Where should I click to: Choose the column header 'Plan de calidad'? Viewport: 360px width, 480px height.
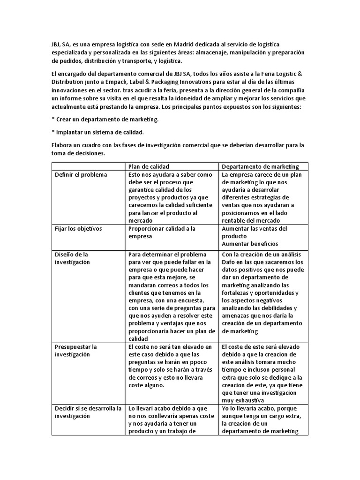point(149,166)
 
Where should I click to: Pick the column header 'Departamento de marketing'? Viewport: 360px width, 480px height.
point(261,166)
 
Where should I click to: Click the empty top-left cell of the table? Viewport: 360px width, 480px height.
point(88,166)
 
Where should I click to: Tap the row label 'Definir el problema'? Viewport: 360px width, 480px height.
point(81,175)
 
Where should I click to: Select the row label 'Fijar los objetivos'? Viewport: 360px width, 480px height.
point(78,228)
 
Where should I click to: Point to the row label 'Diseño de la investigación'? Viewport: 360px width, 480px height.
point(72,258)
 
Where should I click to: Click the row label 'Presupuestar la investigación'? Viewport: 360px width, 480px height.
point(76,351)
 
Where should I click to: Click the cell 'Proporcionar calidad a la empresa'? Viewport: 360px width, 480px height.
point(162,232)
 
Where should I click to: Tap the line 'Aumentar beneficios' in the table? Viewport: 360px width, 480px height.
point(250,243)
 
